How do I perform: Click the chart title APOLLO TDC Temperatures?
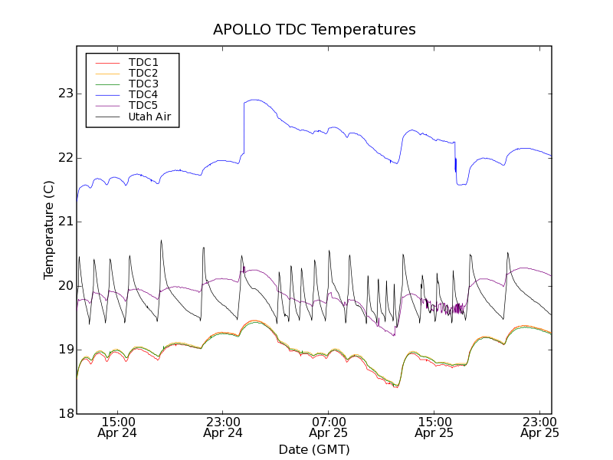314,30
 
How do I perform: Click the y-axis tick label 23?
64,94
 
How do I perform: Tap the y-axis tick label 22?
64,158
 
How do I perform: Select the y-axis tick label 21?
64,222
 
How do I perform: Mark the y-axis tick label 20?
64,286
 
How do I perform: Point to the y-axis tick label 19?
64,350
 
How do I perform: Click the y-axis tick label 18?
64,414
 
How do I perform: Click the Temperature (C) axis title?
48,230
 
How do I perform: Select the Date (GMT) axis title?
314,449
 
